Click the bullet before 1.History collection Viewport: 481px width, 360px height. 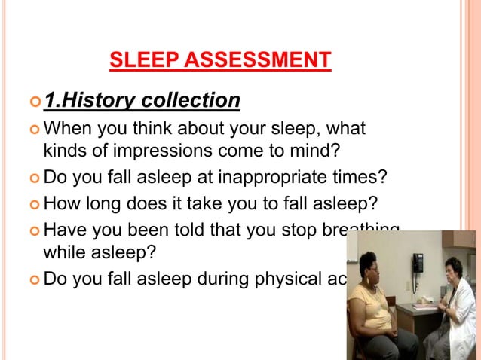click(x=35, y=101)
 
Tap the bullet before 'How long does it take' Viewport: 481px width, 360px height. click(x=35, y=204)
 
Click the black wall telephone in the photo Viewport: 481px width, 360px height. click(x=417, y=263)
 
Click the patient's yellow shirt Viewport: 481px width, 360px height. click(x=372, y=308)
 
